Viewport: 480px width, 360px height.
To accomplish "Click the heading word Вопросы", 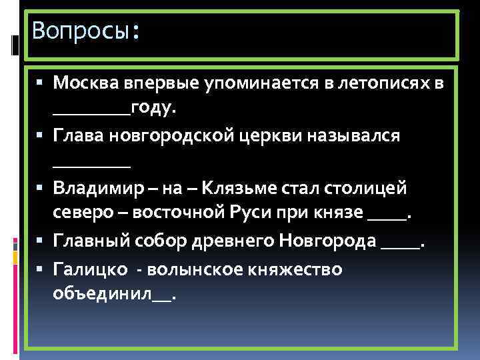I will (x=81, y=30).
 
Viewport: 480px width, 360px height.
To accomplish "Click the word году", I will (x=154, y=109).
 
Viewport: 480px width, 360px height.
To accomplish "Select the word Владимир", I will (x=97, y=188).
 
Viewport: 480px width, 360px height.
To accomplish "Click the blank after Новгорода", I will (x=401, y=243).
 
